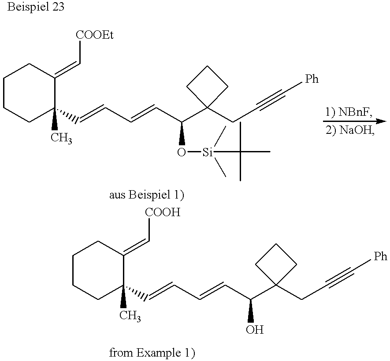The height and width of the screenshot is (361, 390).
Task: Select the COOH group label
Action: tap(163, 213)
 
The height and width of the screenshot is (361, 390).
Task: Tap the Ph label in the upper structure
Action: tap(312, 79)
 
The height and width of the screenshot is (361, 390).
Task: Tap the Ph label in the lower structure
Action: tap(380, 256)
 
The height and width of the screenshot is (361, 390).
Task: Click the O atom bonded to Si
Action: tap(181, 153)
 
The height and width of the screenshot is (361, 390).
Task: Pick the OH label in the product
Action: tap(255, 329)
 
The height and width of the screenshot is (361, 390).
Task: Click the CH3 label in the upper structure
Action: tap(61, 139)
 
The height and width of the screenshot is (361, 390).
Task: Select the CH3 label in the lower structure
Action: tap(130, 315)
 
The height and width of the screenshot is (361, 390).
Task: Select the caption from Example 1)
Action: tap(152, 353)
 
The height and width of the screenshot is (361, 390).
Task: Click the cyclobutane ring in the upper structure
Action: tap(208, 86)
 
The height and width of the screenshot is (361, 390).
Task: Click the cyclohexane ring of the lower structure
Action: tap(98, 271)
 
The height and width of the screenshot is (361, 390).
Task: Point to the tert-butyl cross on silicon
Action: tap(241, 152)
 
